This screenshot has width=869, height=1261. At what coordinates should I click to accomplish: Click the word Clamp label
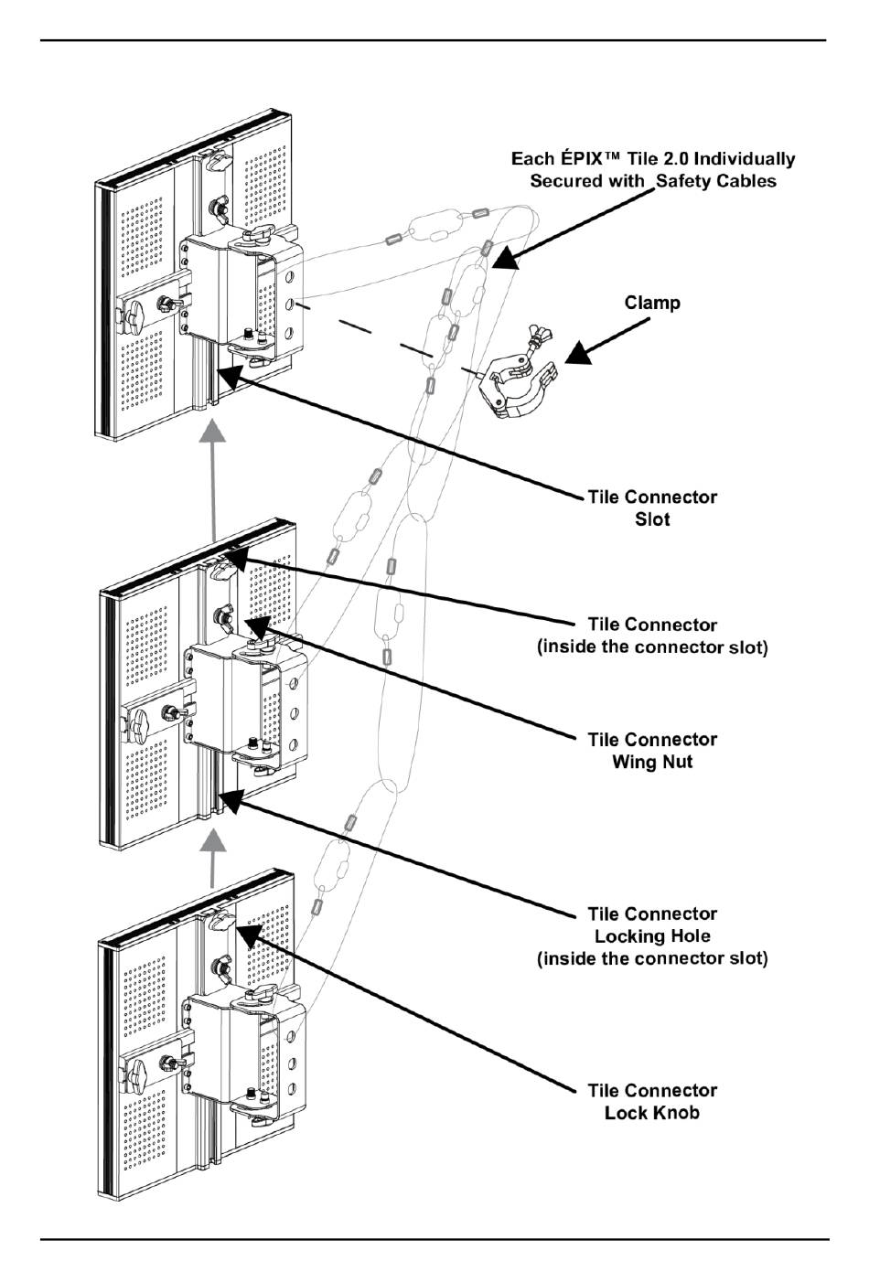click(x=652, y=303)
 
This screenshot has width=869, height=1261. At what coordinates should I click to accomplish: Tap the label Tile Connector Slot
click(x=652, y=508)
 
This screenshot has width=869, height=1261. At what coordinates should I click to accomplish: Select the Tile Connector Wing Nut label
click(x=652, y=751)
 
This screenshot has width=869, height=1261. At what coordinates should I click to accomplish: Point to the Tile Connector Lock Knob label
click(x=652, y=1102)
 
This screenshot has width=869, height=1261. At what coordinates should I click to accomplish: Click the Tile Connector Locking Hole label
click(x=652, y=935)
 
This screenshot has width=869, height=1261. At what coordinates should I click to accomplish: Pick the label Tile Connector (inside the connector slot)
click(x=652, y=636)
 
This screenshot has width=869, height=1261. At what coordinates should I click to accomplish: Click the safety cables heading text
click(x=653, y=170)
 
